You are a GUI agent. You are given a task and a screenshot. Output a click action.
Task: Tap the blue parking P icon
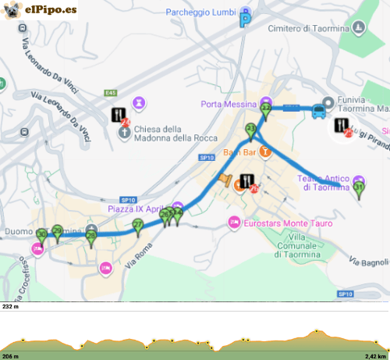246,20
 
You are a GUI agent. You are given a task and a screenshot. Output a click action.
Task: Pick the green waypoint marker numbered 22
266,110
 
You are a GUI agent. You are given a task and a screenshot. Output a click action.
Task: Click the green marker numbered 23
251,130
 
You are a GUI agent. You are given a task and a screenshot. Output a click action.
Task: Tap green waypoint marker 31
359,188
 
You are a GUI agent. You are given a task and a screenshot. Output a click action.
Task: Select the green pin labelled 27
138,227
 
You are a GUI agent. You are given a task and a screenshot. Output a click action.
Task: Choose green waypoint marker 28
91,238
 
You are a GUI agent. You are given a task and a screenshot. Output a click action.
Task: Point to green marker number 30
41,235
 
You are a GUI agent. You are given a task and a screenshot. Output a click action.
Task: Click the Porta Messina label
229,105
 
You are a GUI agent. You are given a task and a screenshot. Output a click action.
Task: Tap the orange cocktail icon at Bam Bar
265,152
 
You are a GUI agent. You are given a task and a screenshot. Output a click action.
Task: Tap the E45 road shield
110,94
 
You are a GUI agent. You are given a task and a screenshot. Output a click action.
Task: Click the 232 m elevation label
11,307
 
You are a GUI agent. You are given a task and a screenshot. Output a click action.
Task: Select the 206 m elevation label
11,355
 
